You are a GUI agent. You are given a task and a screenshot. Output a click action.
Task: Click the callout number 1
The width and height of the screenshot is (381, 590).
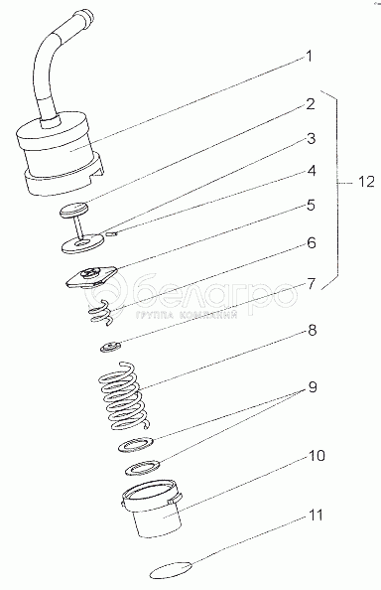click(309, 57)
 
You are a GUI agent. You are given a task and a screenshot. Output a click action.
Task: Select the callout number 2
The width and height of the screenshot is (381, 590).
click(310, 104)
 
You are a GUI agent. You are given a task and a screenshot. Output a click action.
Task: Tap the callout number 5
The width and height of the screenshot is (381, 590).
click(311, 206)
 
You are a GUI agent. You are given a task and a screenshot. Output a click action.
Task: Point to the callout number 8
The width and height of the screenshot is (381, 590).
click(312, 330)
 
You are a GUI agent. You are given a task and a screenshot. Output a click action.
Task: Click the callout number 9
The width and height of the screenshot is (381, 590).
click(313, 387)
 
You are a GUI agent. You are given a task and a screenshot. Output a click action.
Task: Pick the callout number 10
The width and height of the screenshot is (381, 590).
click(317, 456)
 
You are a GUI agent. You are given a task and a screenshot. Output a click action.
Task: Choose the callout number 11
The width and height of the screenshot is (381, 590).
click(316, 516)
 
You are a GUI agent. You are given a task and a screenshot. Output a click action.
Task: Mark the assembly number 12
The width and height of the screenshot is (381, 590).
click(366, 182)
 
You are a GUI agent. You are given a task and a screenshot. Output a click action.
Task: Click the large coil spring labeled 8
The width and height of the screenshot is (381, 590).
click(123, 395)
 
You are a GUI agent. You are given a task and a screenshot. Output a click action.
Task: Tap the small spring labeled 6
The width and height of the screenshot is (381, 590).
click(100, 312)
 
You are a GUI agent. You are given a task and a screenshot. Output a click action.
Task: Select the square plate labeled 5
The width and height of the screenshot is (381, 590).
click(91, 278)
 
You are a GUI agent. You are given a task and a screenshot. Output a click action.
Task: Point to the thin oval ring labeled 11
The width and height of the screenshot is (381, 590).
click(171, 571)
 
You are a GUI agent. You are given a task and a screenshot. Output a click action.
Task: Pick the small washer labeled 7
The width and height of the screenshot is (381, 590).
click(111, 347)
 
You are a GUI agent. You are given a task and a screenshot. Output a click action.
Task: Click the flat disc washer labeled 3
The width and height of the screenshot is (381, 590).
click(82, 244)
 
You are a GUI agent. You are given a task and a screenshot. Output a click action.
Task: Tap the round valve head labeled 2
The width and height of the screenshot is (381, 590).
click(73, 210)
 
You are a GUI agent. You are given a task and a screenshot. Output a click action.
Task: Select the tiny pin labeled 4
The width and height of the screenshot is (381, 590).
click(112, 234)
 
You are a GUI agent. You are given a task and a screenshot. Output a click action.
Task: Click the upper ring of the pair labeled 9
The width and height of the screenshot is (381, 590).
click(136, 445)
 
